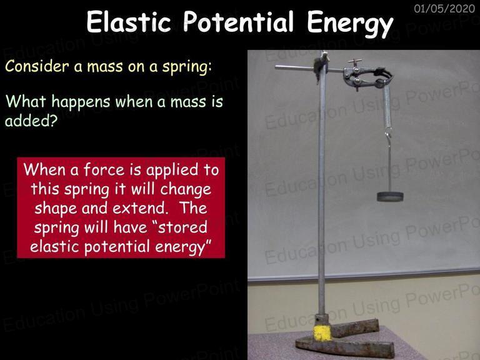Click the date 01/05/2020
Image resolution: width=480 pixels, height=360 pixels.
click(x=444, y=8)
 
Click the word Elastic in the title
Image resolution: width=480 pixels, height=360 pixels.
click(x=129, y=21)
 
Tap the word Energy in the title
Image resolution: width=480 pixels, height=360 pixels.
click(x=350, y=24)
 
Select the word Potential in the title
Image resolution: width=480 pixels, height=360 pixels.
click(x=239, y=21)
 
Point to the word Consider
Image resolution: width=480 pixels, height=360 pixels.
click(x=37, y=66)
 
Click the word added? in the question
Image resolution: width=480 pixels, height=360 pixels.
click(x=31, y=121)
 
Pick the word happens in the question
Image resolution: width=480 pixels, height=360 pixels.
click(x=81, y=102)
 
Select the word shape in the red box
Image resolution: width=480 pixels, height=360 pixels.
click(x=56, y=209)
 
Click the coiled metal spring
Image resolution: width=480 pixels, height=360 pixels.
click(x=387, y=106)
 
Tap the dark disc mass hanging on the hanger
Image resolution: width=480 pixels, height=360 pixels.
click(x=390, y=196)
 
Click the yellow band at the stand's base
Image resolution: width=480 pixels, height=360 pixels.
click(x=322, y=333)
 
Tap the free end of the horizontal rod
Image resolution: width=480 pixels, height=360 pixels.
click(x=276, y=67)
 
